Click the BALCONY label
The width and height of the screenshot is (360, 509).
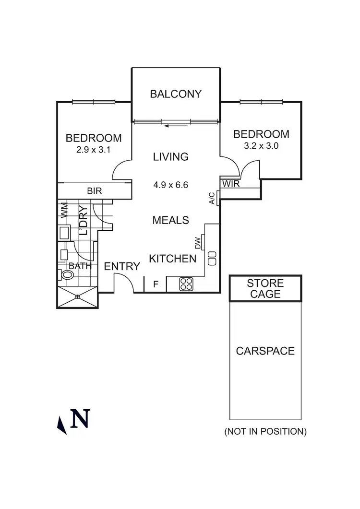pyautogui.click(x=176, y=94)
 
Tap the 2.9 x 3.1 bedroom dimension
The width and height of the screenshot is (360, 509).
pyautogui.click(x=93, y=150)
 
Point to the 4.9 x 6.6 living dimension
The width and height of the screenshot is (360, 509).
pyautogui.click(x=170, y=184)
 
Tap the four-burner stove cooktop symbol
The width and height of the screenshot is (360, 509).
pyautogui.click(x=186, y=284)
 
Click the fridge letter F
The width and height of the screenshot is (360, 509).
pyautogui.click(x=156, y=284)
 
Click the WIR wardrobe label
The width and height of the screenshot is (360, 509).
pyautogui.click(x=228, y=184)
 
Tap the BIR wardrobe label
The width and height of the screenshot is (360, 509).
pyautogui.click(x=94, y=190)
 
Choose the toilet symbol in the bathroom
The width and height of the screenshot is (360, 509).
pyautogui.click(x=67, y=275)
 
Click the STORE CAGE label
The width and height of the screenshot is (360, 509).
pyautogui.click(x=265, y=288)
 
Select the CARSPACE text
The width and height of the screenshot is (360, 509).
pyautogui.click(x=265, y=351)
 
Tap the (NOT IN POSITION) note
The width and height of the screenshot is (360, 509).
pyautogui.click(x=265, y=431)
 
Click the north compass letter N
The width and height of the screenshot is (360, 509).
pyautogui.click(x=80, y=418)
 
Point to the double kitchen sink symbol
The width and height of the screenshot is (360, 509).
pyautogui.click(x=212, y=259)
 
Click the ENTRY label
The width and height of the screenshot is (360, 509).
pyautogui.click(x=122, y=266)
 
